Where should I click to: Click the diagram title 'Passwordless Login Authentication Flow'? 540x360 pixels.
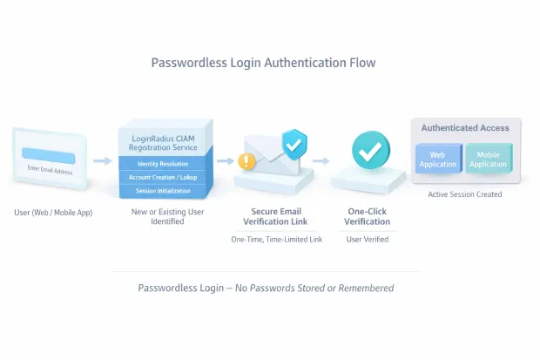[263, 63]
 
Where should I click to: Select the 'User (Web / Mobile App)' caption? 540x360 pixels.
[54, 213]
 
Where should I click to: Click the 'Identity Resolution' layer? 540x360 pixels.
[162, 163]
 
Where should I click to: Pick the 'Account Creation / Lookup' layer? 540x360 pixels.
[162, 177]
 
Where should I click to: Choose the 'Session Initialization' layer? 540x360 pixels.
[162, 190]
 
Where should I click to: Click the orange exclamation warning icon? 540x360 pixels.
[246, 161]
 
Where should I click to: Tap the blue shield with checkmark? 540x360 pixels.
[295, 143]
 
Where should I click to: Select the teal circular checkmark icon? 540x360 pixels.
[371, 150]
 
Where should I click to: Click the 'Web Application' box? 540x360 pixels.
[437, 160]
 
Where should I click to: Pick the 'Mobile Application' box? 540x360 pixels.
[488, 160]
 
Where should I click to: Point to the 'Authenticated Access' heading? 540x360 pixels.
[465, 128]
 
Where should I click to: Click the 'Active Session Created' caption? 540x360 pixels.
[465, 194]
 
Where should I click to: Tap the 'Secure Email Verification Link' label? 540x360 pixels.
[276, 217]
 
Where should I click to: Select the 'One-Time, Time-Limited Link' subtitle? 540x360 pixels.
[276, 239]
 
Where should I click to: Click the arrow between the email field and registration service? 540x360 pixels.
[103, 161]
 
